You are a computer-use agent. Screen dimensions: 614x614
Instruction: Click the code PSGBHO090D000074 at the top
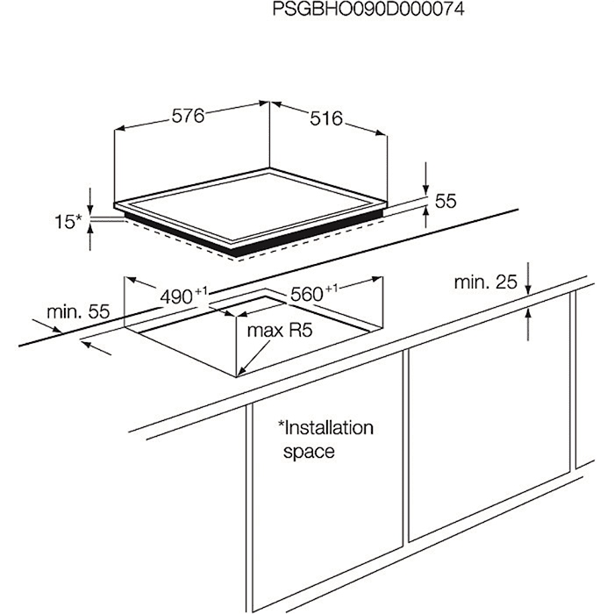pyautogui.click(x=368, y=9)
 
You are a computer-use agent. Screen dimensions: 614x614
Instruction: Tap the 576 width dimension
pyautogui.click(x=189, y=117)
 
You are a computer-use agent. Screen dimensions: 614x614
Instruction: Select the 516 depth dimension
pyautogui.click(x=326, y=118)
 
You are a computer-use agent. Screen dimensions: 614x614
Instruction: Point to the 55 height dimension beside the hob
pyautogui.click(x=446, y=201)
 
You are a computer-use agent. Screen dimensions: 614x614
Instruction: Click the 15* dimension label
pyautogui.click(x=68, y=222)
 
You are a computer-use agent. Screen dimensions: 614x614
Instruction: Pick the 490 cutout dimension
pyautogui.click(x=176, y=297)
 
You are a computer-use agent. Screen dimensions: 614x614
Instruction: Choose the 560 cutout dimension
pyautogui.click(x=307, y=295)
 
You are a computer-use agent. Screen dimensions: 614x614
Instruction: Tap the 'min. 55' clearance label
pyautogui.click(x=78, y=312)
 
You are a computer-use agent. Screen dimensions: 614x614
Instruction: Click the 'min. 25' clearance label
pyautogui.click(x=486, y=282)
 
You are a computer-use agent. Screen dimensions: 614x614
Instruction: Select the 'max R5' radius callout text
pyautogui.click(x=280, y=331)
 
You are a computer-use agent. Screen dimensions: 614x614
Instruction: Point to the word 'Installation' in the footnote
pyautogui.click(x=325, y=428)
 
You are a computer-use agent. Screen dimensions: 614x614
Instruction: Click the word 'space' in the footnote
pyautogui.click(x=309, y=452)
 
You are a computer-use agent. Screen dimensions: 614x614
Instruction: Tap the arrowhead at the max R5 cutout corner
pyautogui.click(x=240, y=371)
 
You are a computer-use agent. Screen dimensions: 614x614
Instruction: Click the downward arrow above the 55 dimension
pyautogui.click(x=426, y=179)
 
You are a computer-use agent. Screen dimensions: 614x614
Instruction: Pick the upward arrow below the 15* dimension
pyautogui.click(x=90, y=236)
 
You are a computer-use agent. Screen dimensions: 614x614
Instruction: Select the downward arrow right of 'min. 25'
pyautogui.click(x=528, y=278)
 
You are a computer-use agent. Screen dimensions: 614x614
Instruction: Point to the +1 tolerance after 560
pyautogui.click(x=332, y=289)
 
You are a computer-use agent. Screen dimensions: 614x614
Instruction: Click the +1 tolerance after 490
pyautogui.click(x=201, y=291)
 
